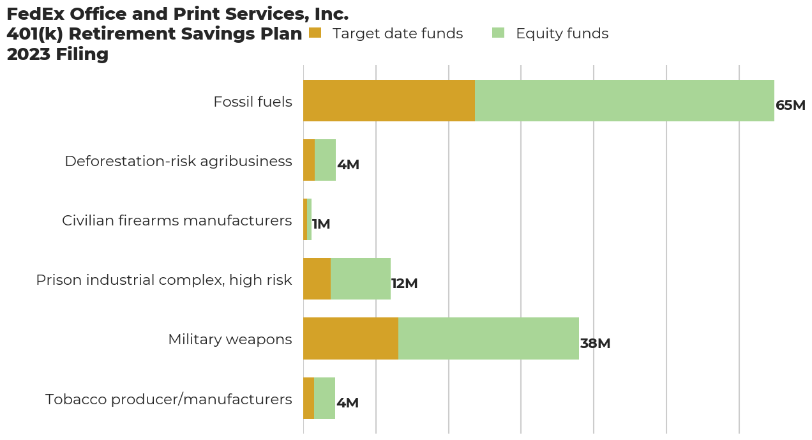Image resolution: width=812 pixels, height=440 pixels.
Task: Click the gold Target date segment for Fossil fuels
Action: pos(389,101)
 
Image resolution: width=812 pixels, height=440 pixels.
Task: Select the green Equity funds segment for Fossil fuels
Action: pos(624,101)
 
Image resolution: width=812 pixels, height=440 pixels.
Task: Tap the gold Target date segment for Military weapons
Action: pos(350,338)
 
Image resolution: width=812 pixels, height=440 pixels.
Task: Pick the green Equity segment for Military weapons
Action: pos(488,338)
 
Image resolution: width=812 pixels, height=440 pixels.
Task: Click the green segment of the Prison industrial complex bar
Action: pos(361,279)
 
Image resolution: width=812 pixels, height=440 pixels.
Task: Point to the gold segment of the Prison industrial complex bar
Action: pos(317,279)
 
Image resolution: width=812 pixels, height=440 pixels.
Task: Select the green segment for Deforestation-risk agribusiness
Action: pos(325,160)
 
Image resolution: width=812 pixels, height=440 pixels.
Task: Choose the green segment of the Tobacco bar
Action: pos(324,398)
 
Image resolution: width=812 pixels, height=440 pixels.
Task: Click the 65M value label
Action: pos(790,105)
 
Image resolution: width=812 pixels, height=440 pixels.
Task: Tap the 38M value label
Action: pos(595,344)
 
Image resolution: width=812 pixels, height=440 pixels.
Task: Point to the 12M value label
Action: pos(404,284)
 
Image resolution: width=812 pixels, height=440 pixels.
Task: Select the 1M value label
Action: pos(321,224)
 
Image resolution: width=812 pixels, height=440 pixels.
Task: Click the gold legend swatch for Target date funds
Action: pos(315,33)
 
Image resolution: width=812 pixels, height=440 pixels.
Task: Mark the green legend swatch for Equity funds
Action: pos(498,33)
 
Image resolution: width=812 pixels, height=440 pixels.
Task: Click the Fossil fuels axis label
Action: pos(253,102)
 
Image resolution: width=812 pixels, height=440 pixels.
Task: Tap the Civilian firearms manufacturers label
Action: pos(177,220)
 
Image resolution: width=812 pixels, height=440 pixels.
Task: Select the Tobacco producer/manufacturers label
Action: pos(169,399)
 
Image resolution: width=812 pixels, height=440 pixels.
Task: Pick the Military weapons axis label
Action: pos(230,339)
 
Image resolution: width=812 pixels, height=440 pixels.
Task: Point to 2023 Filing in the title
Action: pos(57,54)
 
